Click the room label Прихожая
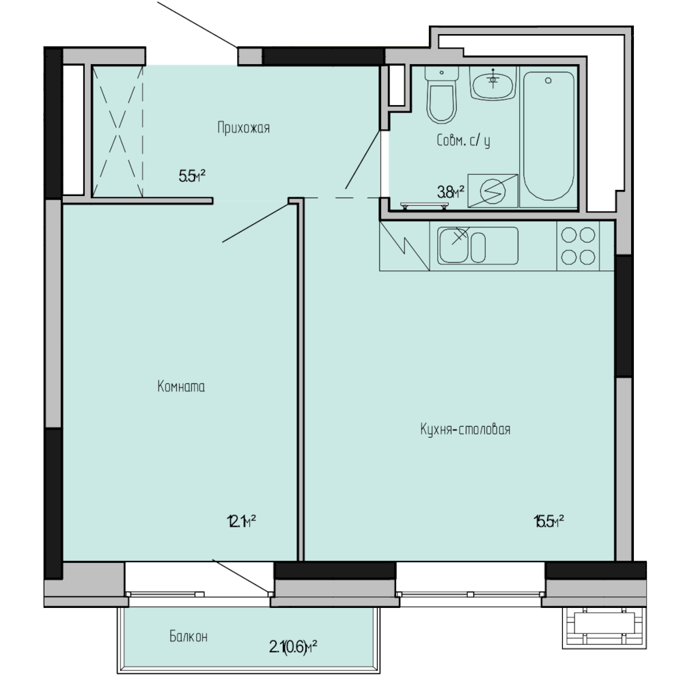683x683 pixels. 244,128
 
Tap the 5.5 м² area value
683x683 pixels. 192,176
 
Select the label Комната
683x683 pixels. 181,387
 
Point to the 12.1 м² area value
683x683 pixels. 241,521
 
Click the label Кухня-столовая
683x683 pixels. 465,429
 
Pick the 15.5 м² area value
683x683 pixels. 549,521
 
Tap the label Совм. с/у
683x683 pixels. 464,141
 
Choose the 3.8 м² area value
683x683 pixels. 450,192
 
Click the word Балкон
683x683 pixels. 189,637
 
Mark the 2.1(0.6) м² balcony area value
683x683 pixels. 293,647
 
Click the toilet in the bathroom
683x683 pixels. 442,95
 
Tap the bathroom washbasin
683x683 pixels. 493,83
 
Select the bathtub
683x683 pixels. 548,137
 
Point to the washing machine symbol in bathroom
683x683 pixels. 492,191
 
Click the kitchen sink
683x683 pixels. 478,246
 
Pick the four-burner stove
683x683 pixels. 578,246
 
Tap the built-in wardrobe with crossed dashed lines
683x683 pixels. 117,131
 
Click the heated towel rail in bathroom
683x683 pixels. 425,206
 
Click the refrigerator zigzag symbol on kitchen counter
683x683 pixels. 404,246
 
